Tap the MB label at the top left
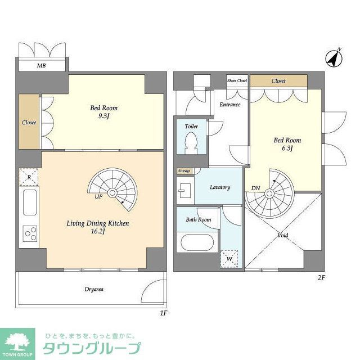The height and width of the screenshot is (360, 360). click(42, 66)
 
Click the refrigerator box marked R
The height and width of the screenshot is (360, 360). click(29, 177)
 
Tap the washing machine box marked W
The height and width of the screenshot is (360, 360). click(229, 259)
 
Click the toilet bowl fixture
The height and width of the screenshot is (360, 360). click(191, 141)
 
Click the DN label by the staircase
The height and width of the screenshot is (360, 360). click(255, 188)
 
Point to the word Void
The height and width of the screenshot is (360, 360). click(283, 235)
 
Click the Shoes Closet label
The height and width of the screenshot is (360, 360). click(237, 81)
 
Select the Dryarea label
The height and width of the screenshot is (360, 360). click(94, 289)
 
